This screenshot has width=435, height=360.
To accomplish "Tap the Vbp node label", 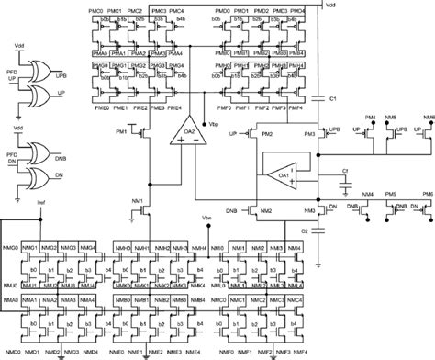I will (214, 122).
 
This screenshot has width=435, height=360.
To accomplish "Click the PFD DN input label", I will (12, 160).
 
